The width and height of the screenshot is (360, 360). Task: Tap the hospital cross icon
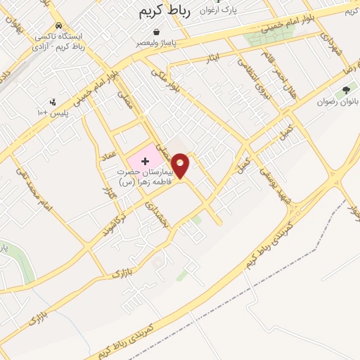pos(146,161)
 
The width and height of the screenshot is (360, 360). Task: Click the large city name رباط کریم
pos(163,13)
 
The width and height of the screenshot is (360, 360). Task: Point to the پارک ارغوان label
pos(216,11)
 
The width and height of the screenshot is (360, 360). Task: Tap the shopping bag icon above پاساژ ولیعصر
pos(157,32)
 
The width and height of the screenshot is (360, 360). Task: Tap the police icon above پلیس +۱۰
pos(51,101)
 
